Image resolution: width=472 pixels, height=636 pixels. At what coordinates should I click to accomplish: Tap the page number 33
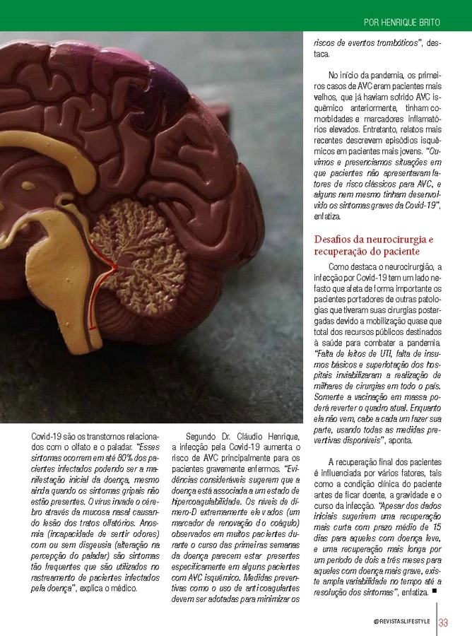(444, 623)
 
